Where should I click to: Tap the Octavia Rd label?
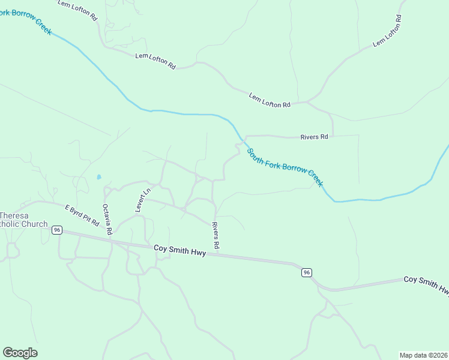107,219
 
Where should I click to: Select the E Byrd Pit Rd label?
82,215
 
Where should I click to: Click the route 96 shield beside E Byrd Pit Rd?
57,230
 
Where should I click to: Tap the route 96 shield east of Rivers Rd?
307,272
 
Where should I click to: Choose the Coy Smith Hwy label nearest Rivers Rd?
179,250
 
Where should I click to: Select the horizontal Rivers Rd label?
314,137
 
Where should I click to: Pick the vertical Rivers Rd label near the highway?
216,236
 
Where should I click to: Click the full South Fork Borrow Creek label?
285,167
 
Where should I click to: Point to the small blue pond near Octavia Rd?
98,177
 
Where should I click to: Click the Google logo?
20,352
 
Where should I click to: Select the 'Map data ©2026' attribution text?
423,355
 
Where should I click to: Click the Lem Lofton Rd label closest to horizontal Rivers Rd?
270,100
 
